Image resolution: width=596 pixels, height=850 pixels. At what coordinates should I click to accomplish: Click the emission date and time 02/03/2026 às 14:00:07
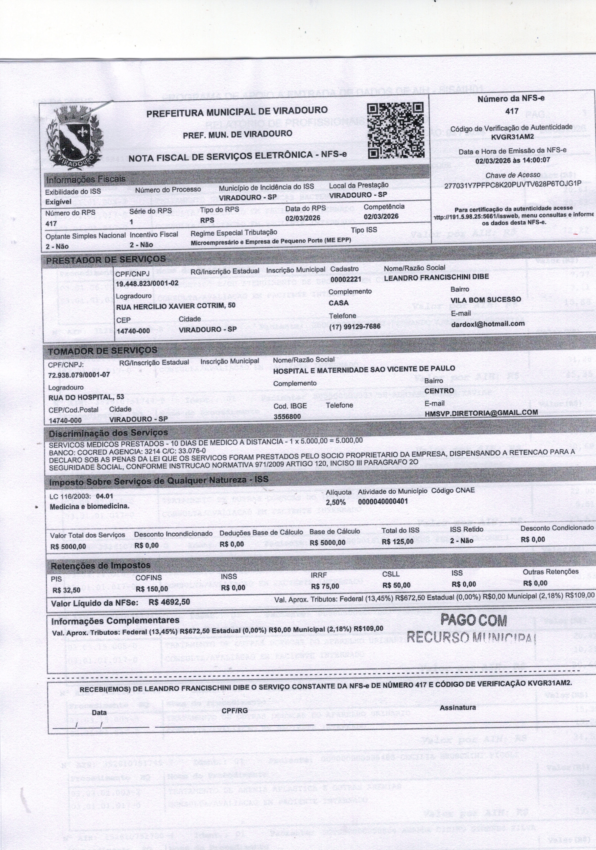tap(513, 160)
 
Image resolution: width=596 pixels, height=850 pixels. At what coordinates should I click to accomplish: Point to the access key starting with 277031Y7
tap(513, 184)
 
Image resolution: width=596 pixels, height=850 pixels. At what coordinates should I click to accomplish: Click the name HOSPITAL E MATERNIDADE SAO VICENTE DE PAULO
tap(364, 369)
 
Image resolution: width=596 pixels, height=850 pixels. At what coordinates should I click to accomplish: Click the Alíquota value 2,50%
tap(335, 502)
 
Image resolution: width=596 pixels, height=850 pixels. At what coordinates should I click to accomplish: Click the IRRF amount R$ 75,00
tap(325, 586)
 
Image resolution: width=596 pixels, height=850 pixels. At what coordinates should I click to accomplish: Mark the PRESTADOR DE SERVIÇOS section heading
tap(106, 259)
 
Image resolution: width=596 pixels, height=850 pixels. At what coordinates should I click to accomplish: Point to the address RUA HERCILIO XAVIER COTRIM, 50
tap(176, 306)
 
